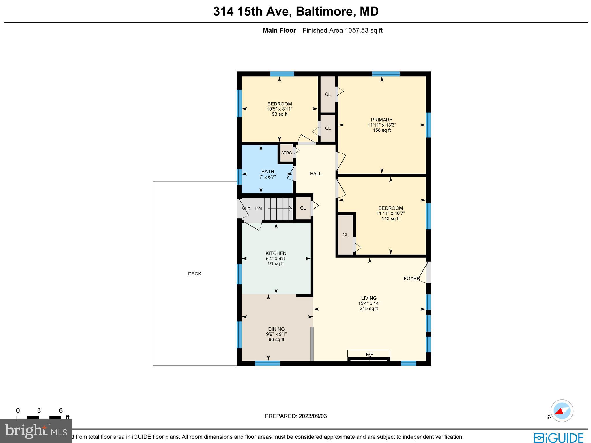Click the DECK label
pos(194,274)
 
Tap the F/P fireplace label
pos(369,354)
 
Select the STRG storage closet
pos(286,153)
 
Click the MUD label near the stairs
pos(246,209)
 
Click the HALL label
pos(315,174)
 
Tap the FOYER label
pos(412,278)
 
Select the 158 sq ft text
pos(381,130)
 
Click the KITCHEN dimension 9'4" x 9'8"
pos(276,259)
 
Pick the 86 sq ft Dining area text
pos(276,340)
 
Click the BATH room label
pos(268,172)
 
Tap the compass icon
pos(562,411)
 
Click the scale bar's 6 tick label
pos(61,411)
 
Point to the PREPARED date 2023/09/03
pos(313,416)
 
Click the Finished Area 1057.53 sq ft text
pos(343,30)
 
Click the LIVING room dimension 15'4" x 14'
pos(369,303)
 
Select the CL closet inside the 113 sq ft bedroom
pos(345,235)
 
